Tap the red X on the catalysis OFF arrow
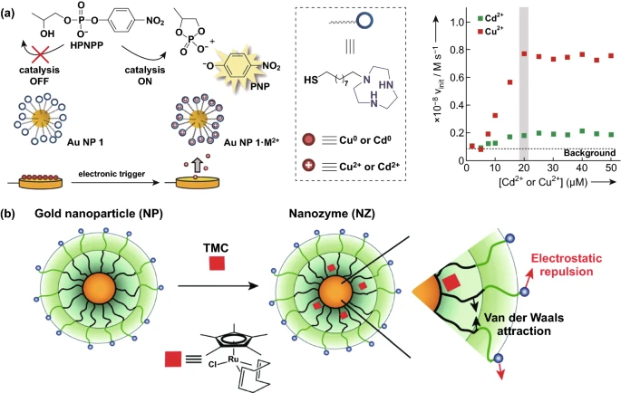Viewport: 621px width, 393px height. point(40,53)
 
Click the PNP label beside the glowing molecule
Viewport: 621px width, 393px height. point(260,85)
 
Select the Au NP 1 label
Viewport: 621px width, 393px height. point(85,141)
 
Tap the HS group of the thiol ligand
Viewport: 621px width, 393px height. point(311,80)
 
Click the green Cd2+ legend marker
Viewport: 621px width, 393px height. point(480,18)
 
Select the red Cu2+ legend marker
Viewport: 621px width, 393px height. point(480,32)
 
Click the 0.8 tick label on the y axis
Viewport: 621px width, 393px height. point(458,50)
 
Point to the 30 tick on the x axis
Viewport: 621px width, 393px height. point(553,168)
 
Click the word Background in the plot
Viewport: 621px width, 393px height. point(589,153)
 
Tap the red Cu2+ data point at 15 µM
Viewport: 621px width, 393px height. point(509,82)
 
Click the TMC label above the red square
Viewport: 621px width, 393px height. point(217,248)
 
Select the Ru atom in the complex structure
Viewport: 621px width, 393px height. point(233,359)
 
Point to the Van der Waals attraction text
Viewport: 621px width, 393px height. point(524,324)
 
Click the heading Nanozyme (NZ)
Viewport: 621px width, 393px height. point(332,214)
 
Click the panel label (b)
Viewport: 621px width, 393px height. point(9,215)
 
